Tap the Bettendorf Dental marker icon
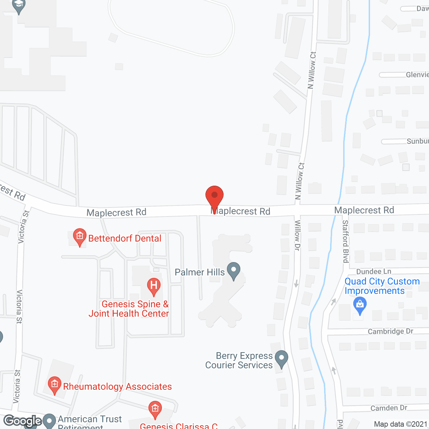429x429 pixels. (x=80, y=237)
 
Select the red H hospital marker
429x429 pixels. (x=154, y=286)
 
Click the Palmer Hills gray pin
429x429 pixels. (x=234, y=270)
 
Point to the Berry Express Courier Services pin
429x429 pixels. (x=282, y=359)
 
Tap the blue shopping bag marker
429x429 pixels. (x=360, y=305)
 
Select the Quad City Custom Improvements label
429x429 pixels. (x=382, y=286)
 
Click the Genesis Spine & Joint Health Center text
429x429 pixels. (x=129, y=309)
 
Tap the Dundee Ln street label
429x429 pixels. (x=374, y=271)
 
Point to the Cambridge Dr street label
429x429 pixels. (x=390, y=331)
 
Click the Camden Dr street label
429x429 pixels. (x=389, y=408)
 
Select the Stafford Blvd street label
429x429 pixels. (x=346, y=241)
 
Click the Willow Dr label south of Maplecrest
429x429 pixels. (x=297, y=235)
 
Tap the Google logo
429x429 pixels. (x=23, y=421)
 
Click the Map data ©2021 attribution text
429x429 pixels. (x=401, y=424)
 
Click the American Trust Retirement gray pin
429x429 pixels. (x=50, y=421)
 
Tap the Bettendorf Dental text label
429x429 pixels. (x=125, y=238)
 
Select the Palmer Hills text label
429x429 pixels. (x=200, y=272)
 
